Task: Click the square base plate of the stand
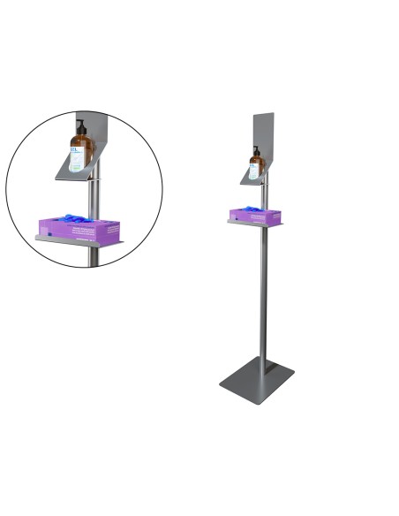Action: pos(256,381)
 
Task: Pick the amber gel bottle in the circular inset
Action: pos(80,148)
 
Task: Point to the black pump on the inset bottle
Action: pos(79,124)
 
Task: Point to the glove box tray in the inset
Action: pos(79,240)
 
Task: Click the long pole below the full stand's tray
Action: pos(263,292)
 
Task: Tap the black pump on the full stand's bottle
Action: pos(256,150)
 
